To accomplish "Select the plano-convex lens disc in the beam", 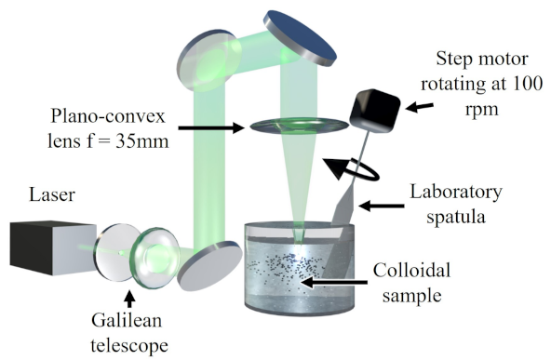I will [292, 127].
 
